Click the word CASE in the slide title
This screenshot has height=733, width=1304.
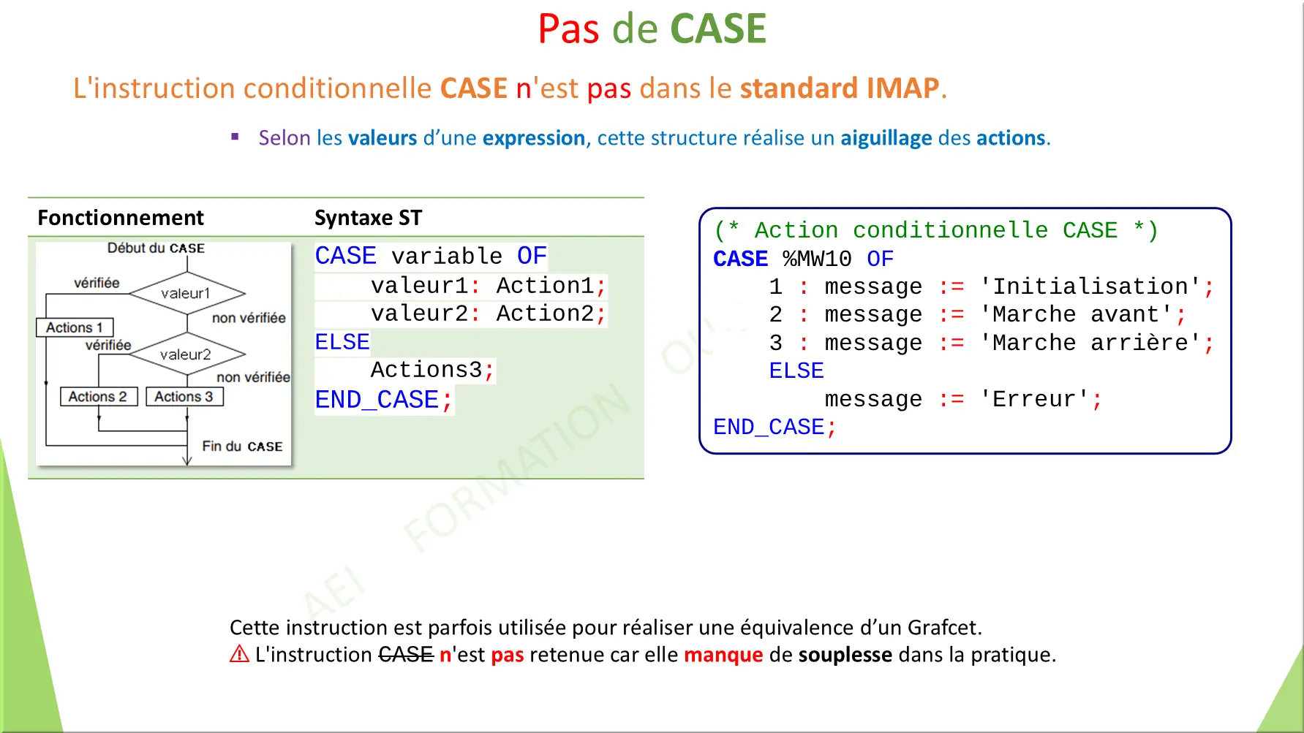click(x=717, y=29)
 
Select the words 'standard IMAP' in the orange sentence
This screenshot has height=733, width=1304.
click(x=839, y=88)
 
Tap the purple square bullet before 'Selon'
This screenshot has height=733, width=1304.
click(x=235, y=137)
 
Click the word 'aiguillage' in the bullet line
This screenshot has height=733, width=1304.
click(x=886, y=138)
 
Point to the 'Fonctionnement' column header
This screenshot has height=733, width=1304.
click(x=121, y=218)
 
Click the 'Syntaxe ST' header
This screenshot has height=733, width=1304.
click(x=368, y=218)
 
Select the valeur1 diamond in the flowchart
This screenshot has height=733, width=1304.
click(x=186, y=293)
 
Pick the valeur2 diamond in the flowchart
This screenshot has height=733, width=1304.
click(x=186, y=354)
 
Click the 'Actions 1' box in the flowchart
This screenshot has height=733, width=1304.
click(x=75, y=327)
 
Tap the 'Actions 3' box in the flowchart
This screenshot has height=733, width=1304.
click(x=184, y=397)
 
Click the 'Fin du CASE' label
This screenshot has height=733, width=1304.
click(x=242, y=447)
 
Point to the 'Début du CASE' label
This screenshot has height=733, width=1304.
click(x=156, y=248)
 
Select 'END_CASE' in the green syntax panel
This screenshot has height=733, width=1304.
click(x=377, y=400)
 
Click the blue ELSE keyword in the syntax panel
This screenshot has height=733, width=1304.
click(x=342, y=342)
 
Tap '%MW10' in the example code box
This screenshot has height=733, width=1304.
click(x=817, y=259)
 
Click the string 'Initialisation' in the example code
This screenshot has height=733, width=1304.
click(x=1090, y=286)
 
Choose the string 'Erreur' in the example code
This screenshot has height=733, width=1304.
click(x=1034, y=399)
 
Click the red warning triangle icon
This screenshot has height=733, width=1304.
click(x=239, y=654)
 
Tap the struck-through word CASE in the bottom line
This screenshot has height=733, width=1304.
click(x=406, y=655)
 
